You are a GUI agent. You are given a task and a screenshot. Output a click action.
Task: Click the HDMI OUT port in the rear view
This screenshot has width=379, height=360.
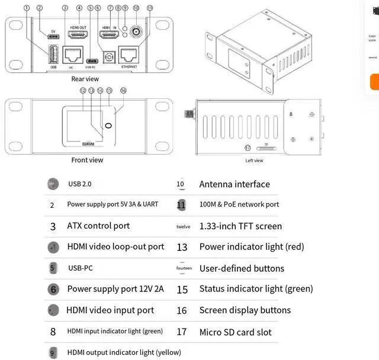(79, 36)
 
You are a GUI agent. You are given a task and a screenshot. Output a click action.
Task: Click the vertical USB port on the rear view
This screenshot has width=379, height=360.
(52, 54)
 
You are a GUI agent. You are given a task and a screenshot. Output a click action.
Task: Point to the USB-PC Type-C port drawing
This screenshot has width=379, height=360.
(92, 60)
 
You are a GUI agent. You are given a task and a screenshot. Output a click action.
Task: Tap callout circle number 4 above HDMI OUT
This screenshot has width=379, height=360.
(79, 8)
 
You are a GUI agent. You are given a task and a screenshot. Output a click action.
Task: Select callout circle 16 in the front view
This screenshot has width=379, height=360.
(123, 91)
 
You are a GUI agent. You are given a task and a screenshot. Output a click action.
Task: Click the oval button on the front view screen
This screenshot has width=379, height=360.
(108, 126)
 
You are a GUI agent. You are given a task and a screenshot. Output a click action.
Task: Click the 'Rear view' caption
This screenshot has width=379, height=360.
(85, 79)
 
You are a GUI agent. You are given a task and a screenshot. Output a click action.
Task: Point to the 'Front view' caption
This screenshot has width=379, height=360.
(87, 160)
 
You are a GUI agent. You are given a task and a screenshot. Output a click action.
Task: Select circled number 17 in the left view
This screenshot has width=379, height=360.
(248, 147)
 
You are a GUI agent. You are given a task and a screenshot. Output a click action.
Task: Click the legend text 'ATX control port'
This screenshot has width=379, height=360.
(98, 226)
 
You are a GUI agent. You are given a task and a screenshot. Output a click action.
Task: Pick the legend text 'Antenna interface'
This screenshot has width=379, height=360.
(235, 184)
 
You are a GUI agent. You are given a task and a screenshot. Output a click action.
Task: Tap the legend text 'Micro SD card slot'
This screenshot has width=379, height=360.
(235, 332)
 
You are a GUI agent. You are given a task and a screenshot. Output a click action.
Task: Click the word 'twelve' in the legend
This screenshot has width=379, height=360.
(184, 227)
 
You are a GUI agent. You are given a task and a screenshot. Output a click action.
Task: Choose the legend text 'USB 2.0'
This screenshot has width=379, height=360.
(80, 184)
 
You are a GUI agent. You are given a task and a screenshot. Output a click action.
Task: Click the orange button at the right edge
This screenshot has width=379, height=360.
(374, 82)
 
